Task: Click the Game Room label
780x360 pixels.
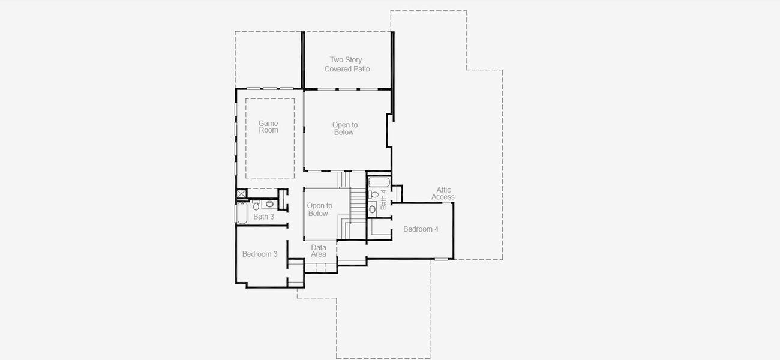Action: (x=268, y=127)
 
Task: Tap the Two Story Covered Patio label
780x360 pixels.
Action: (x=347, y=64)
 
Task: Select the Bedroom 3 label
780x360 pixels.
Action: (x=260, y=254)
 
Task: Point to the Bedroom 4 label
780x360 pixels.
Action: (x=421, y=229)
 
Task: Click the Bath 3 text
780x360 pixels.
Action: (x=263, y=217)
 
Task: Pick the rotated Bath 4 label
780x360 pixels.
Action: (x=383, y=199)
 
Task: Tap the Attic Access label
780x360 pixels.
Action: (x=443, y=193)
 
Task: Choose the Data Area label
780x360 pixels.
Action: (x=319, y=251)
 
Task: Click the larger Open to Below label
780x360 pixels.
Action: (x=344, y=128)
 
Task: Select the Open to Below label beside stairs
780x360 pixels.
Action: (x=319, y=209)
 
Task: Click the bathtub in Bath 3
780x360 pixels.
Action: (x=242, y=213)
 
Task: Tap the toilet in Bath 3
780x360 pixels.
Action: (x=256, y=205)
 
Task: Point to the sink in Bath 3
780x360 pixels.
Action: (x=269, y=203)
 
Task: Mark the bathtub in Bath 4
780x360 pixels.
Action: (x=379, y=182)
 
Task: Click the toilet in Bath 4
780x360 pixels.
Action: (x=373, y=194)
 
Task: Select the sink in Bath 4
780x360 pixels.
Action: (x=372, y=209)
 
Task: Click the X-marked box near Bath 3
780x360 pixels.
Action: (x=241, y=194)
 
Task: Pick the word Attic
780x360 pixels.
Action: (x=443, y=190)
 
